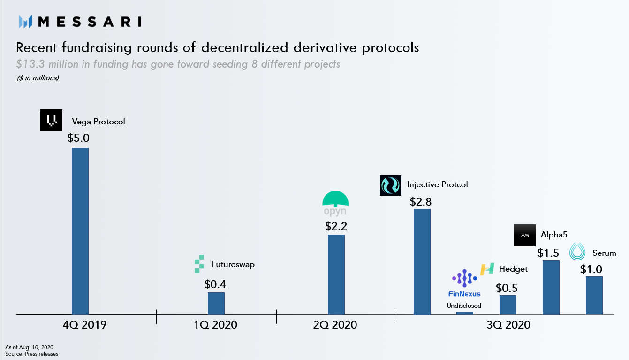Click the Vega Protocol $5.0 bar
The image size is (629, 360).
pos(80,231)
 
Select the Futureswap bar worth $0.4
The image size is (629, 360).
pos(216,303)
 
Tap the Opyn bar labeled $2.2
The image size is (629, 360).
pos(336,274)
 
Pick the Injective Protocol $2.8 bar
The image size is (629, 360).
pos(422,261)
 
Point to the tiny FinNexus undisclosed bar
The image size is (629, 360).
pos(464,313)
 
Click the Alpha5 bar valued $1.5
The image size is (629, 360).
pos(551,287)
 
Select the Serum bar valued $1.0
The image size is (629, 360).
pos(594,295)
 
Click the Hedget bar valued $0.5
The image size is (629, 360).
pos(508,305)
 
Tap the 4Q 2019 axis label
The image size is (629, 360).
pos(84,325)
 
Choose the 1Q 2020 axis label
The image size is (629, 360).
pos(216,325)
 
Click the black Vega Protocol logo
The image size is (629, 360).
pos(51,121)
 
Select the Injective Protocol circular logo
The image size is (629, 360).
pos(390,185)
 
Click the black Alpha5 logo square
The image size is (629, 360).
pos(524,235)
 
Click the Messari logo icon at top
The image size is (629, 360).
pos(25,22)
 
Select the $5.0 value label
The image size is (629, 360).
pos(78,138)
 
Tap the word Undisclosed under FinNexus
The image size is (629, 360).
pos(464,306)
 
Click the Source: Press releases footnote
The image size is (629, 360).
pos(32,354)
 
